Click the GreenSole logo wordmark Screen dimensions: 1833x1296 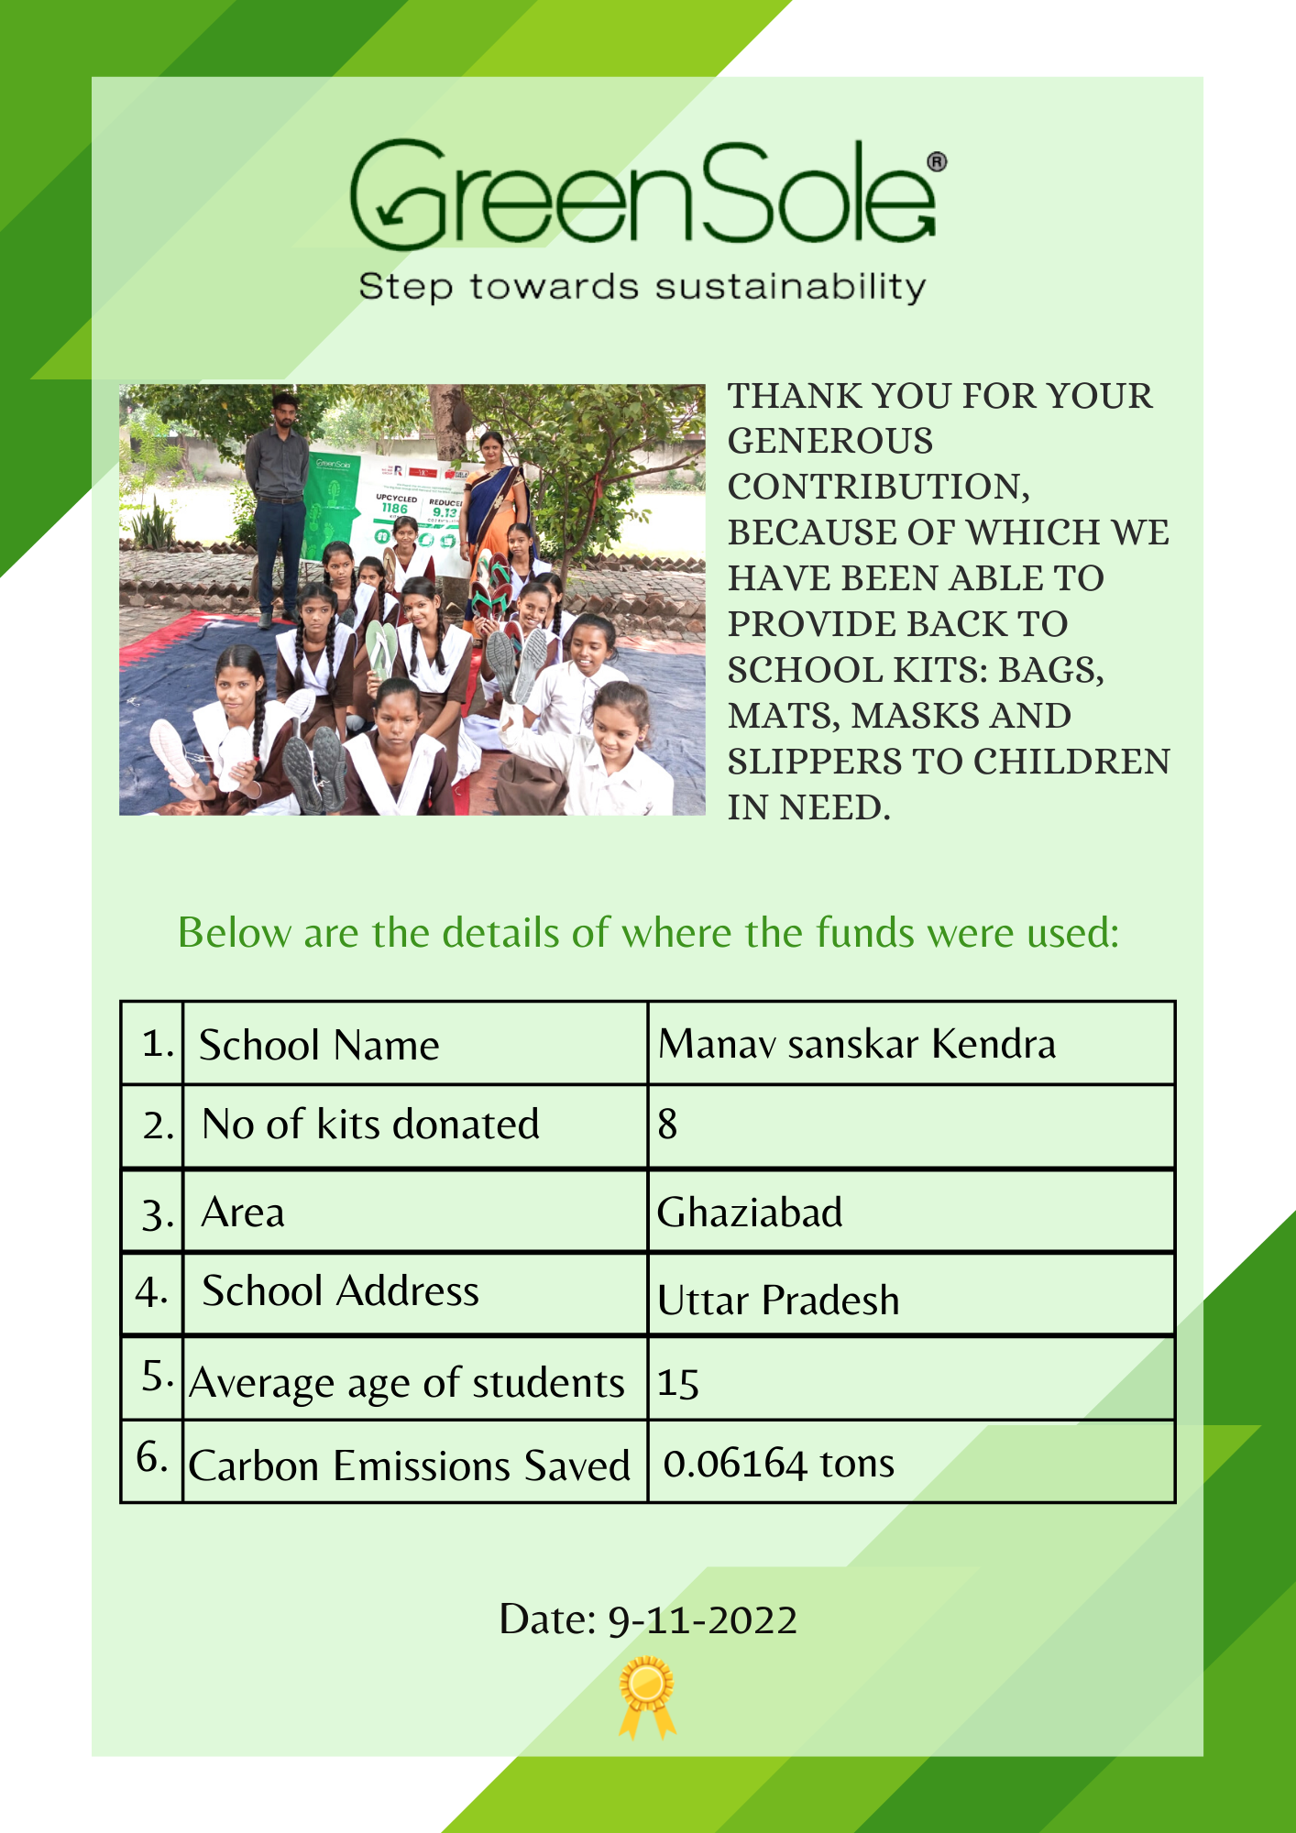pos(642,194)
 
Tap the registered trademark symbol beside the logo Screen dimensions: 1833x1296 pos(937,162)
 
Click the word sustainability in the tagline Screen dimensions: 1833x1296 pos(789,287)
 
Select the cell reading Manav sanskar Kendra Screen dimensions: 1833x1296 pos(856,1044)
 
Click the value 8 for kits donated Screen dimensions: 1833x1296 pos(667,1125)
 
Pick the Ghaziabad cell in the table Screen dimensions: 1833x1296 pos(750,1213)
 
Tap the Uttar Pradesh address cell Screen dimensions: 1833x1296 pos(778,1301)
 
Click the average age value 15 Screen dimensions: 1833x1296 pos(678,1383)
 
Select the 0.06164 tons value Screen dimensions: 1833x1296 pos(778,1464)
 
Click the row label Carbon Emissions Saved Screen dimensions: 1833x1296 pos(409,1465)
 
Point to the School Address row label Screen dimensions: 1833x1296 pos(340,1291)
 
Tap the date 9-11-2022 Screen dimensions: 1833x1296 pos(702,1620)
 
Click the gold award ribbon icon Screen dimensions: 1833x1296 pos(647,1695)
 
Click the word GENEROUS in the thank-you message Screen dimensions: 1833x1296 pos(829,441)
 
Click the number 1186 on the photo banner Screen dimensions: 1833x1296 pos(394,509)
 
